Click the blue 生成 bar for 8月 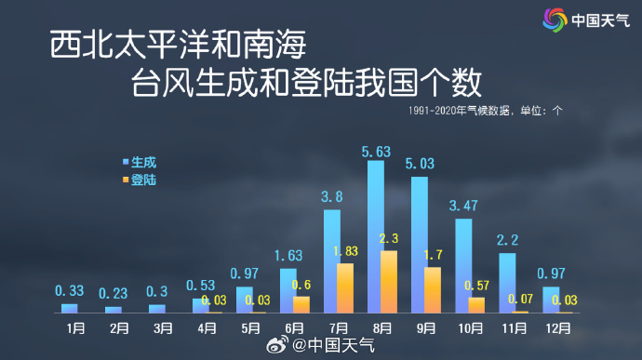click(376, 236)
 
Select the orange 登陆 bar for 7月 click(345, 288)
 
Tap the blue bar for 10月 click(463, 266)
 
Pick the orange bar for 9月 click(433, 290)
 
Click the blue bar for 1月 click(69, 309)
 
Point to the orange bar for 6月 click(301, 305)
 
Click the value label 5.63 click(376, 152)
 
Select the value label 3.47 click(463, 206)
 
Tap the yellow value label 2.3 click(389, 238)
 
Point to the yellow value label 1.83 click(345, 251)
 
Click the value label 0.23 click(113, 293)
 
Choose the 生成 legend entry click(140, 162)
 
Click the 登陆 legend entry click(140, 180)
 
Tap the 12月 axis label click(558, 328)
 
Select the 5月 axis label click(250, 328)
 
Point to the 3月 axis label click(163, 328)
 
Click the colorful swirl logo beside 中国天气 click(555, 20)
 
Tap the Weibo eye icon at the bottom click(277, 344)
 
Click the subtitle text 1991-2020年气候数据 click(459, 111)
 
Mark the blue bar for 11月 click(507, 283)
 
